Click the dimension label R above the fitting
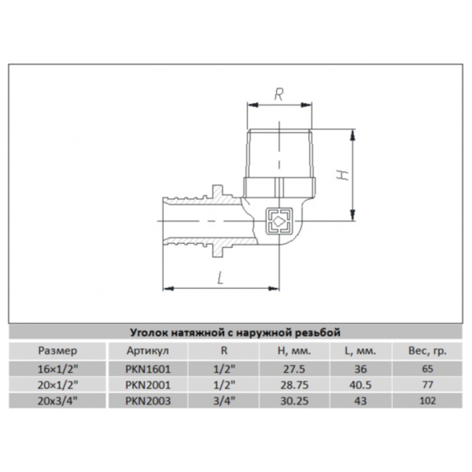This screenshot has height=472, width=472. click(x=280, y=93)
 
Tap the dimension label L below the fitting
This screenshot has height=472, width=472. click(x=220, y=278)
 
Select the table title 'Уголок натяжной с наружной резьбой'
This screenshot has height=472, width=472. click(x=235, y=332)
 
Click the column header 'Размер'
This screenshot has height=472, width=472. click(x=57, y=350)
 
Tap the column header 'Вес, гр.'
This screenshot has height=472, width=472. click(x=428, y=350)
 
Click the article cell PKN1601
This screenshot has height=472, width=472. click(x=148, y=369)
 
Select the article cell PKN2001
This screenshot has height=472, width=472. click(x=148, y=385)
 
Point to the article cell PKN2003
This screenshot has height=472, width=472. click(x=148, y=401)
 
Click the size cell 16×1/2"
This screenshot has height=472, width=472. click(x=57, y=369)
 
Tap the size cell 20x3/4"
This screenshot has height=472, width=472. click(x=57, y=401)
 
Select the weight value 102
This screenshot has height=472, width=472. click(x=428, y=401)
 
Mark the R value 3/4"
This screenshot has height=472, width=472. click(x=224, y=401)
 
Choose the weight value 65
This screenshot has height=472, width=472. click(x=428, y=369)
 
